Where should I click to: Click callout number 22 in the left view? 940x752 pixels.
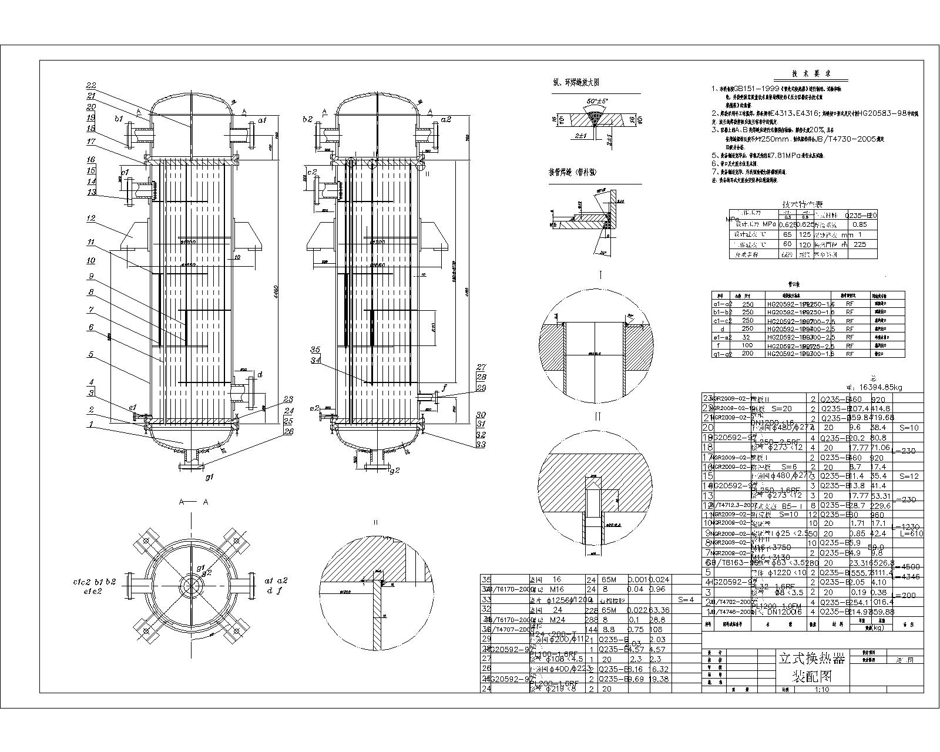(x=91, y=86)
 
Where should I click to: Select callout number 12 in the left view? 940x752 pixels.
(x=91, y=219)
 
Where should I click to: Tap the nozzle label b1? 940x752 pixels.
(x=119, y=119)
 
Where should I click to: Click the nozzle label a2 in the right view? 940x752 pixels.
(x=462, y=119)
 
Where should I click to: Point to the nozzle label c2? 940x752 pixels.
(x=312, y=172)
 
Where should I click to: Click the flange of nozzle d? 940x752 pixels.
(x=253, y=393)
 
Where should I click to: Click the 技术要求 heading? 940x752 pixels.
(x=811, y=74)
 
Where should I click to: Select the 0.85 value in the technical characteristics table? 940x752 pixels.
(x=860, y=224)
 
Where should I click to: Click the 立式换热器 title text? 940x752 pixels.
(x=811, y=659)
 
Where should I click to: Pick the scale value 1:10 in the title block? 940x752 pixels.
(x=821, y=690)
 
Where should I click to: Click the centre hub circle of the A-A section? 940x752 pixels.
(x=192, y=586)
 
